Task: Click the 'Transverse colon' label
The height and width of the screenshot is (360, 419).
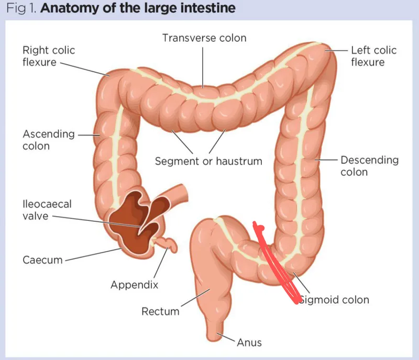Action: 204,38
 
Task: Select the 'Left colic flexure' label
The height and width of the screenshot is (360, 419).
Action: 373,57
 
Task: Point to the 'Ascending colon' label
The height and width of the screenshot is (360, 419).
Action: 48,140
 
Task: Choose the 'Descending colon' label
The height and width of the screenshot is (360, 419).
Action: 369,166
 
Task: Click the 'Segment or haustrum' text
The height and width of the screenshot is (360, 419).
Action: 208,161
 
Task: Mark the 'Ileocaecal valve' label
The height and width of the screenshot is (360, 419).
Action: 47,210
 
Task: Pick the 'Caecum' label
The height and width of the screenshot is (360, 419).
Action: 42,260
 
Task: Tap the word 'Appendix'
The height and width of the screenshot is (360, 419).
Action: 134,285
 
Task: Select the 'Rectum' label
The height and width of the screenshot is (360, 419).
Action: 160,312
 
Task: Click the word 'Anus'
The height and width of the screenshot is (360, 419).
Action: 249,343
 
